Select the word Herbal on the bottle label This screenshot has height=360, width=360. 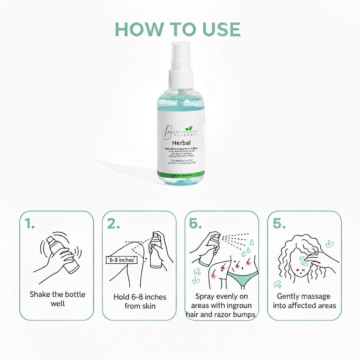coord(181,143)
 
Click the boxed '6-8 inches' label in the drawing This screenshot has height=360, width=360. coord(121,260)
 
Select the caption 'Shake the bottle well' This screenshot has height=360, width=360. coord(57,298)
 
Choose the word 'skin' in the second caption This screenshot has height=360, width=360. coord(149,306)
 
